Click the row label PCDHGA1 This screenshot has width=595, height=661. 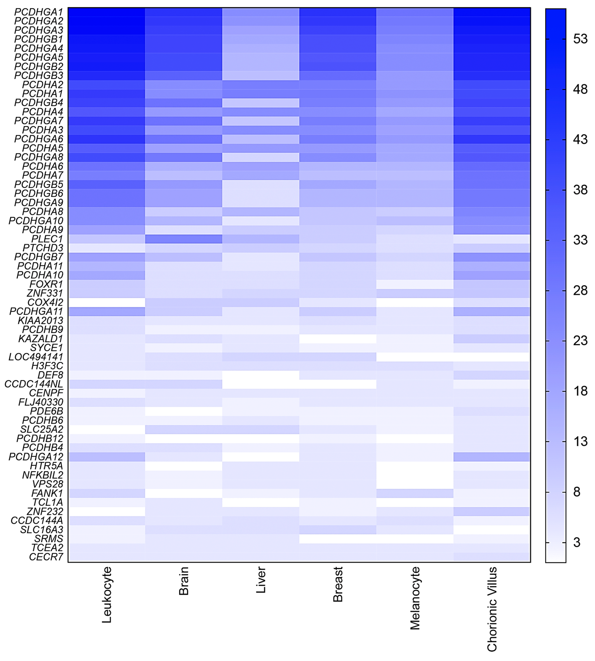pos(39,12)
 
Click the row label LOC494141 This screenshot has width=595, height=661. pos(36,357)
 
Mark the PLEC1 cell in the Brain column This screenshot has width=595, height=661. pos(184,239)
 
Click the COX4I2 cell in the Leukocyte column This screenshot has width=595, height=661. pos(107,302)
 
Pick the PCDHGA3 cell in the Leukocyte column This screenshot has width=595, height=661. pos(107,30)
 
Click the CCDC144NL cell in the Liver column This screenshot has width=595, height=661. pos(261,384)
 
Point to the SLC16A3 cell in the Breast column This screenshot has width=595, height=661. pos(338,529)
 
